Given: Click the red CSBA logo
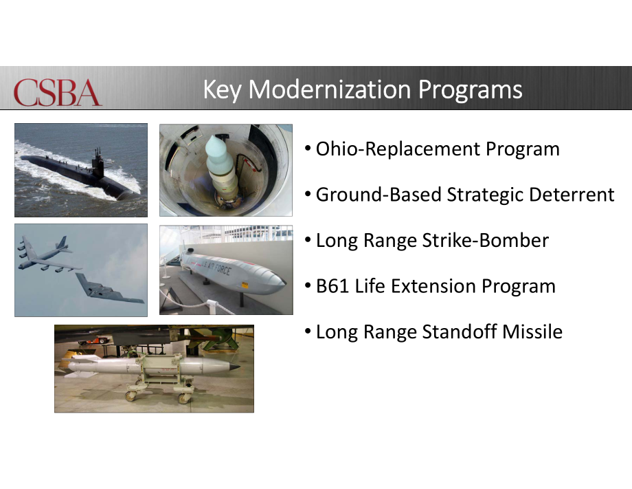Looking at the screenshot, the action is click(58, 92).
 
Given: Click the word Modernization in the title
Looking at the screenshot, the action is click(330, 89).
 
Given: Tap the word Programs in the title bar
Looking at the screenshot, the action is click(471, 90).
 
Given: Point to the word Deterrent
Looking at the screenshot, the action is click(572, 195).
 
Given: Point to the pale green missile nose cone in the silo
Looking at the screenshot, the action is click(219, 150).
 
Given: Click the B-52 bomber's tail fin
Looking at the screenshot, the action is click(64, 243).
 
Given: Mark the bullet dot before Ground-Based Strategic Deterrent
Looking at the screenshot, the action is click(308, 195).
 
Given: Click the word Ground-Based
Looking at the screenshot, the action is click(379, 195).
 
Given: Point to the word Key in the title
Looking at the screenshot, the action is click(222, 90).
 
